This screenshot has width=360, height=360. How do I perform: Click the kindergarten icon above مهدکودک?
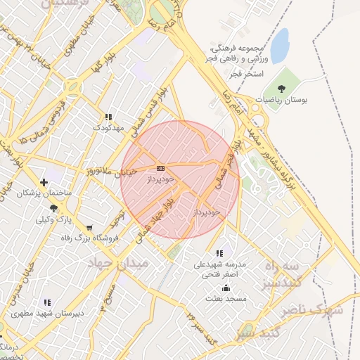coord(108,117)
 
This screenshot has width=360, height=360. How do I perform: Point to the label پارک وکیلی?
coord(53,219)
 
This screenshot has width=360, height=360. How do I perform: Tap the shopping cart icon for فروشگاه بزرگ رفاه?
coord(89,228)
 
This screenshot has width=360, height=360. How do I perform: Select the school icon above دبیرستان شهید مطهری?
coord(47,302)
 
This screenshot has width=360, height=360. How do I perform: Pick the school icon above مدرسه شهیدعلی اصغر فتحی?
coord(219,253)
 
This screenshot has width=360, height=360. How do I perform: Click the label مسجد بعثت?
coord(226,299)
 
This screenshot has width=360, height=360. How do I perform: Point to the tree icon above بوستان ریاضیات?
coord(281,89)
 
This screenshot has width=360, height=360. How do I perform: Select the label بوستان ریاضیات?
coord(282,100)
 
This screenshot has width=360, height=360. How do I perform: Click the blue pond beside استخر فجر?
coord(280,46)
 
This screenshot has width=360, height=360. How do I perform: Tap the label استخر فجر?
coord(246,73)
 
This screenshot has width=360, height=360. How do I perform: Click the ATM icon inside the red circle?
coord(161,168)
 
